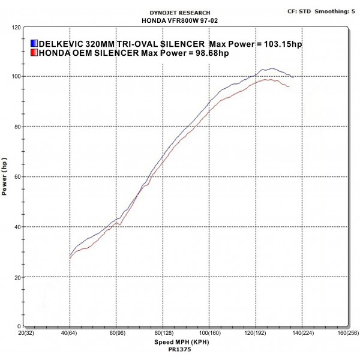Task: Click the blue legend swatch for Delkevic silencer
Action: point(34,44)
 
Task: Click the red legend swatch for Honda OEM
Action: point(34,53)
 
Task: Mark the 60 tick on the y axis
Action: point(18,177)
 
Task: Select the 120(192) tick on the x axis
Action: point(254,333)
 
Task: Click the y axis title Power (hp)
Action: point(6,177)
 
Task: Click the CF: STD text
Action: point(298,11)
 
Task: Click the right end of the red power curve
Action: point(289,87)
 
